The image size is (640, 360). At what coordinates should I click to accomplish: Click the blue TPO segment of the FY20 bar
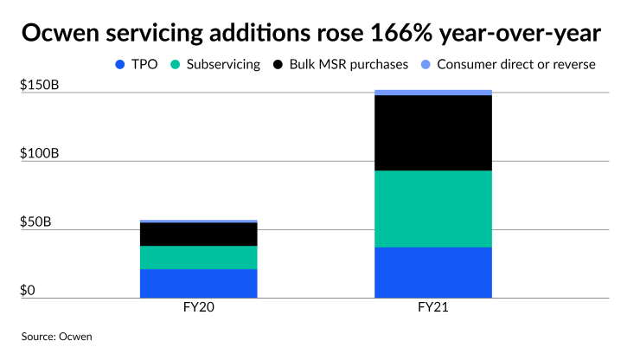tap(198, 283)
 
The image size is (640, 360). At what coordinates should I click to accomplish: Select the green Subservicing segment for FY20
tap(198, 257)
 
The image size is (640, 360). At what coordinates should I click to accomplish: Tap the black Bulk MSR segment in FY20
tap(198, 234)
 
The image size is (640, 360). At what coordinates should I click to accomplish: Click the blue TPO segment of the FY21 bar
tap(432, 272)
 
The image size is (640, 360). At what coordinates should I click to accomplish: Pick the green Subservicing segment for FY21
tap(432, 209)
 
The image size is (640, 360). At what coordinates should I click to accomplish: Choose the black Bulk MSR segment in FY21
tap(432, 132)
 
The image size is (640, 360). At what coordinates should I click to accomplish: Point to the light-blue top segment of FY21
tap(432, 92)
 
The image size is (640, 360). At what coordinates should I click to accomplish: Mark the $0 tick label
tap(29, 291)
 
